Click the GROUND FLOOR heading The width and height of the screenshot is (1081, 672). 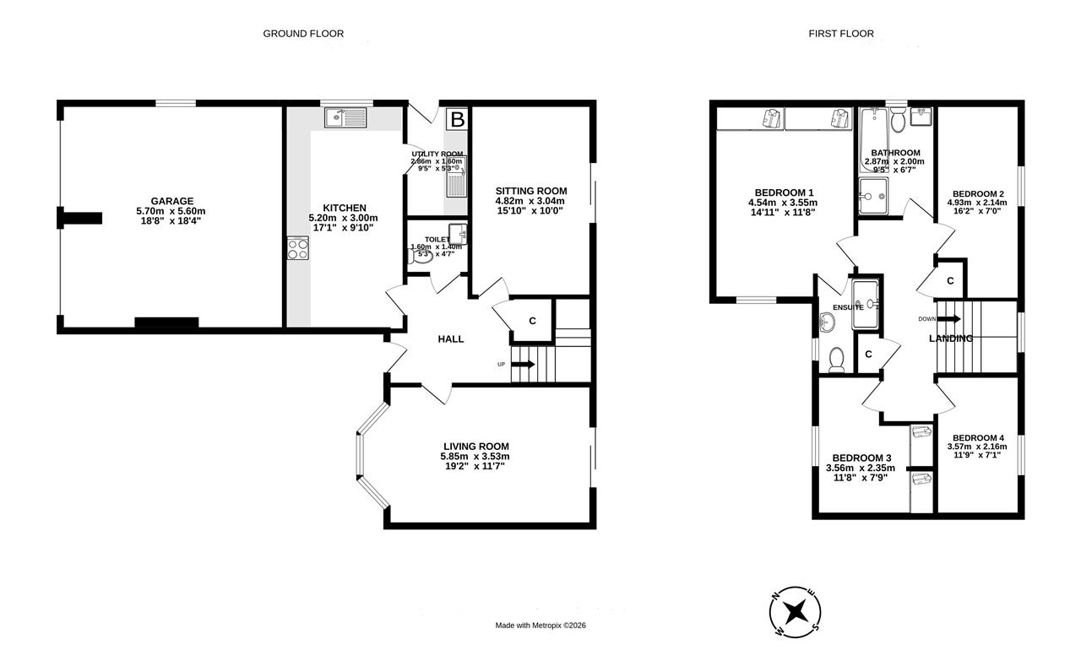point(303,34)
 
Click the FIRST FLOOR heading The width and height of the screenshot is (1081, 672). point(841,34)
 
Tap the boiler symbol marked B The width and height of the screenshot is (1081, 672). point(457,119)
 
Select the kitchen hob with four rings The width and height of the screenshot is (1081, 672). point(298,248)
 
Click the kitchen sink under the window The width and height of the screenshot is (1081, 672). point(345,117)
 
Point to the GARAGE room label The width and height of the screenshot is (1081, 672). point(171,201)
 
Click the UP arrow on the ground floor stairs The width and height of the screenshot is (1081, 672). point(523,364)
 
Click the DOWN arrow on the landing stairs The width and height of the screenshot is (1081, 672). point(949,319)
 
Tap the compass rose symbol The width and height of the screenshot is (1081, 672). point(795,612)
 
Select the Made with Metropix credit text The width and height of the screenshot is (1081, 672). point(540,626)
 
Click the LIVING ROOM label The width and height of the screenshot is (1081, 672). point(476,447)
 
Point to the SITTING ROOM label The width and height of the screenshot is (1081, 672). point(531,191)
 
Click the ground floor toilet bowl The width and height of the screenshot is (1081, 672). point(421,257)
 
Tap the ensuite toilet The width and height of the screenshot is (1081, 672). point(836,360)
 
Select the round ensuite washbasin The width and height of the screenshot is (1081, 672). point(827,322)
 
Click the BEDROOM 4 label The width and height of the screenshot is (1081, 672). point(978,438)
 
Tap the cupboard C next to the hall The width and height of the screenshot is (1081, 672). point(532,321)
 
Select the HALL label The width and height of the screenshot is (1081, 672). point(451,339)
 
